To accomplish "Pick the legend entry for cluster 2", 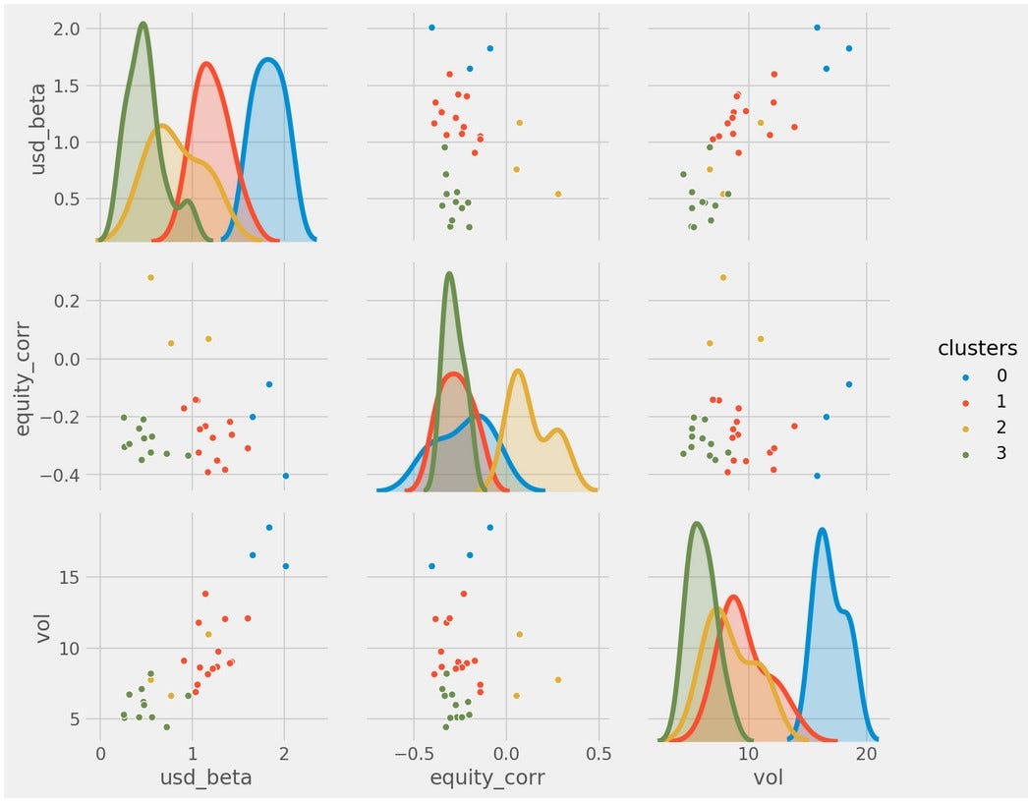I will pyautogui.click(x=947, y=428).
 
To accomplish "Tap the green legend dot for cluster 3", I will pyautogui.click(x=947, y=454).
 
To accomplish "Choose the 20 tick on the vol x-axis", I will pyautogui.click(x=866, y=753).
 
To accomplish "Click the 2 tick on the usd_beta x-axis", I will pyautogui.click(x=285, y=753).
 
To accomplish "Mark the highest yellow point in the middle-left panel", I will pyautogui.click(x=150, y=277).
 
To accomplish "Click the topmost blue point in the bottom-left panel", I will pyautogui.click(x=269, y=528).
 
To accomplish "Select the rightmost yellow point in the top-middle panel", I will pyautogui.click(x=558, y=194).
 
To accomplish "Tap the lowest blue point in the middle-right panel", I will pyautogui.click(x=817, y=476).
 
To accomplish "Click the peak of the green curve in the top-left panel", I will pyautogui.click(x=143, y=24).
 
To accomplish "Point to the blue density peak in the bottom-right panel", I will pyautogui.click(x=822, y=530).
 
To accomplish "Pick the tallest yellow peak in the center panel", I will pyautogui.click(x=518, y=371).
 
